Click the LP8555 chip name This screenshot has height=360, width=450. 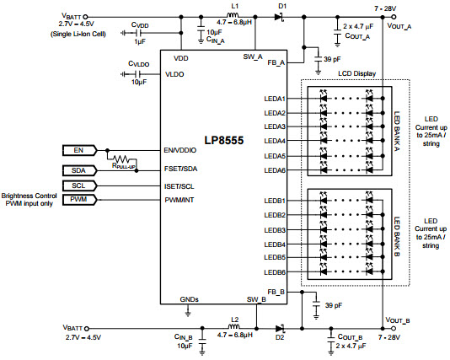(224, 140)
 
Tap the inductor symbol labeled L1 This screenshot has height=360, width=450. (233, 15)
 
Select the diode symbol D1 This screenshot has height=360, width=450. (279, 17)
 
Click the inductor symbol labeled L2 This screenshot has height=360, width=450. (234, 326)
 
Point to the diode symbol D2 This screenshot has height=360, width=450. (280, 329)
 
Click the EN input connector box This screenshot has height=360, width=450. (79, 150)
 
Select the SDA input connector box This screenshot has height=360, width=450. (79, 170)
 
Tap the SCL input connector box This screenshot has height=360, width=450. (79, 185)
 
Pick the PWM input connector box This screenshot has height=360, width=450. (79, 199)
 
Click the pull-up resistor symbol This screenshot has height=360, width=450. (121, 159)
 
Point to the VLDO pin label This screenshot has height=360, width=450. (174, 74)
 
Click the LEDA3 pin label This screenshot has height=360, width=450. (275, 126)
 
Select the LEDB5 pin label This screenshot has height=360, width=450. (275, 257)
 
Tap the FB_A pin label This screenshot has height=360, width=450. (276, 62)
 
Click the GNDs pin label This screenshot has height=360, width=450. (189, 299)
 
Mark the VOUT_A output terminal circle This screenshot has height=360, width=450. (394, 17)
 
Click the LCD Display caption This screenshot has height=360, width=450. (356, 73)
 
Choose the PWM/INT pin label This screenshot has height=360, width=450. (179, 200)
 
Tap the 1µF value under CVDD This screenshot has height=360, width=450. (140, 41)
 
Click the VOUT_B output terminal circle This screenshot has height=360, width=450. (394, 329)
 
